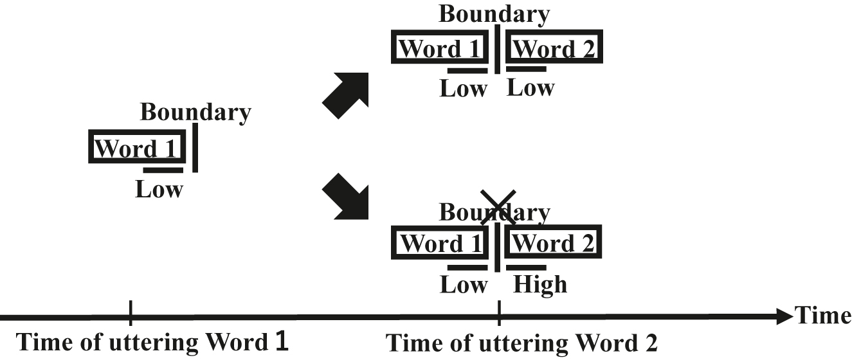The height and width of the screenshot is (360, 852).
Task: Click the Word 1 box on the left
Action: pyautogui.click(x=137, y=148)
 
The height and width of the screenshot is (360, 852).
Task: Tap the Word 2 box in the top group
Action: pyautogui.click(x=554, y=48)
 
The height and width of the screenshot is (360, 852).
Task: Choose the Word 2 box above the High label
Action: pyautogui.click(x=554, y=244)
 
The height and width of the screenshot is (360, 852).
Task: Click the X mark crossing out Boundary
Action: pyautogui.click(x=498, y=207)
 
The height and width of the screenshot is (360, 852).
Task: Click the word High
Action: pyautogui.click(x=540, y=284)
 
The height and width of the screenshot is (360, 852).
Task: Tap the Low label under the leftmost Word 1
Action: pyautogui.click(x=159, y=190)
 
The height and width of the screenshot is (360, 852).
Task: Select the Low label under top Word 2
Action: pyautogui.click(x=530, y=88)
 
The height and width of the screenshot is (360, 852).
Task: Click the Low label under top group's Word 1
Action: pyautogui.click(x=463, y=89)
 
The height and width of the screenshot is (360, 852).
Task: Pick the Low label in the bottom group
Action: pyautogui.click(x=463, y=284)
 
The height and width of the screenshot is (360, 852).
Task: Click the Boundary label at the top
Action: pyautogui.click(x=494, y=14)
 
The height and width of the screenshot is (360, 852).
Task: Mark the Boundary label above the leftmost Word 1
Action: pyautogui.click(x=195, y=113)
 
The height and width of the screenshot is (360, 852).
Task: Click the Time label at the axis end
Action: pyautogui.click(x=822, y=315)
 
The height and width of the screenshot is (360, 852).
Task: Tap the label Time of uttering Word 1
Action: pyautogui.click(x=152, y=343)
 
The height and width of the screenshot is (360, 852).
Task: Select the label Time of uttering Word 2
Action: pyautogui.click(x=521, y=343)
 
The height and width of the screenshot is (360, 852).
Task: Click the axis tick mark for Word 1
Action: pyautogui.click(x=131, y=314)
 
